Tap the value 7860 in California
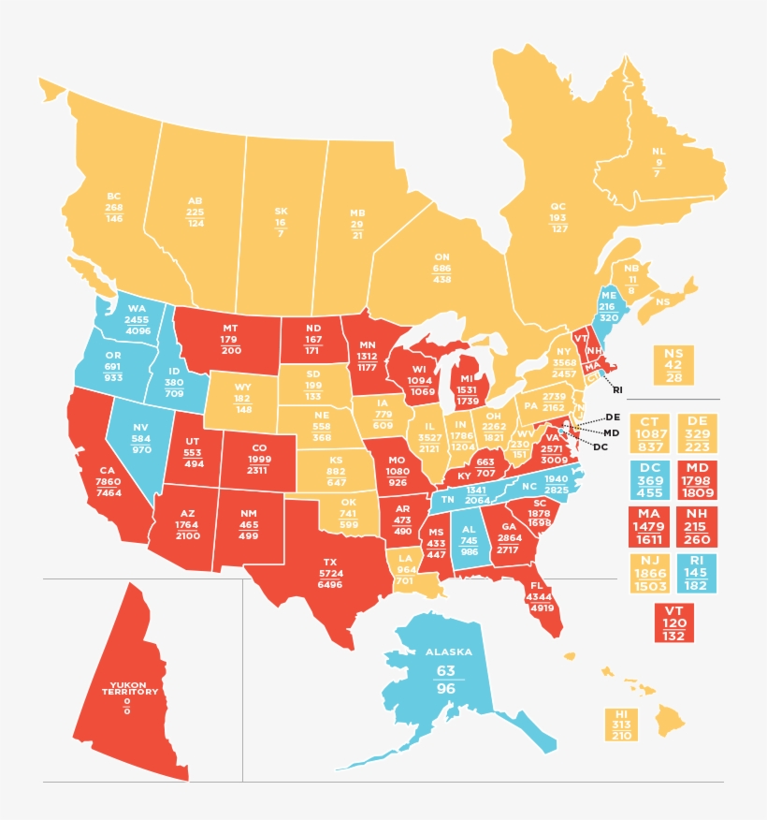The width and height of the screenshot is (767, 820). (x=108, y=481)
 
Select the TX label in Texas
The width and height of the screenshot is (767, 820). (x=330, y=562)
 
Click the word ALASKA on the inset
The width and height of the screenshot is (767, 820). (x=449, y=652)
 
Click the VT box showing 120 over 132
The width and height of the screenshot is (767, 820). (x=674, y=622)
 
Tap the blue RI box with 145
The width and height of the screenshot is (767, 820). (x=696, y=572)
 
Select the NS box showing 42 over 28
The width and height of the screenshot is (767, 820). (x=673, y=364)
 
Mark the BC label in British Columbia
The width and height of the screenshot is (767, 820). (x=114, y=197)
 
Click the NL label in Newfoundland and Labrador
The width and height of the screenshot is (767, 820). (x=658, y=151)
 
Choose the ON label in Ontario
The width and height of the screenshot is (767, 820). (x=441, y=256)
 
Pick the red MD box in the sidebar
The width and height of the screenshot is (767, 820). (x=696, y=480)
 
